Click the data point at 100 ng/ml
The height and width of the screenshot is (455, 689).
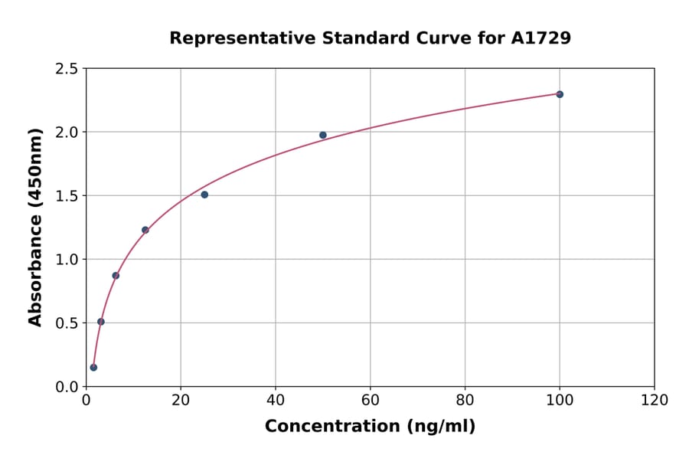click(560, 94)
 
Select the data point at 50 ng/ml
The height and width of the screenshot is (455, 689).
click(323, 135)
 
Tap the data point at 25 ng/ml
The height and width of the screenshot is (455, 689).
click(204, 195)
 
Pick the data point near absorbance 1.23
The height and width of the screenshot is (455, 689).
click(145, 230)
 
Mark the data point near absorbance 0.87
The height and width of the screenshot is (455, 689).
click(116, 276)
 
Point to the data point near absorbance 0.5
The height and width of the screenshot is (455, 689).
click(101, 322)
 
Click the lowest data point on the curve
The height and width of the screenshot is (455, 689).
click(93, 368)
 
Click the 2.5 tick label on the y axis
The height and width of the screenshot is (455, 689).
click(67, 69)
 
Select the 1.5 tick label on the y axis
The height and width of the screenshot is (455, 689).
click(67, 196)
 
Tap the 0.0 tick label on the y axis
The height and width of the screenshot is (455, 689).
click(67, 387)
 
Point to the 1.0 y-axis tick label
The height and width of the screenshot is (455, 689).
click(67, 260)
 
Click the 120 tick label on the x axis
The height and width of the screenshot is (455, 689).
click(655, 401)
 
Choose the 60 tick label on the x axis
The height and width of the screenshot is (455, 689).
click(370, 401)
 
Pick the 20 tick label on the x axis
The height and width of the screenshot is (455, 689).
click(181, 401)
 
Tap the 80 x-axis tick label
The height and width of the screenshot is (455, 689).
click(465, 401)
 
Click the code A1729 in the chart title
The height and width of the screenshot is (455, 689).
click(541, 38)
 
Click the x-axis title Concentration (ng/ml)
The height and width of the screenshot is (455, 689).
click(370, 427)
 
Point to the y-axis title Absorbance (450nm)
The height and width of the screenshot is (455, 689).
click(35, 227)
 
